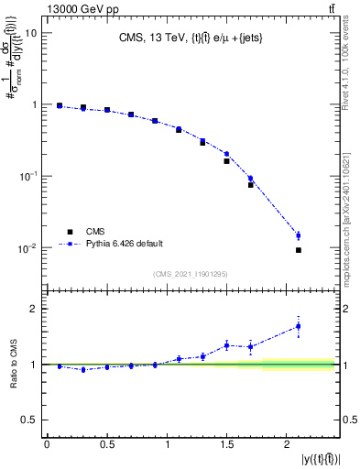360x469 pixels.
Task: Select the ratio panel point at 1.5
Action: pos(226,345)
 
